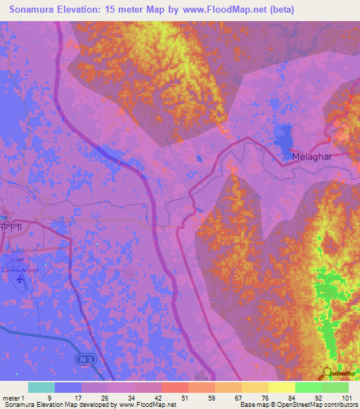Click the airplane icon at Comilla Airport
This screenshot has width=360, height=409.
[x=19, y=280]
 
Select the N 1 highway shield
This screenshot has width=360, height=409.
[x=83, y=358]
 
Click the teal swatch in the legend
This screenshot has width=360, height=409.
[x=41, y=387]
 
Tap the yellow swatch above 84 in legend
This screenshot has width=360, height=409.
[x=282, y=387]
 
